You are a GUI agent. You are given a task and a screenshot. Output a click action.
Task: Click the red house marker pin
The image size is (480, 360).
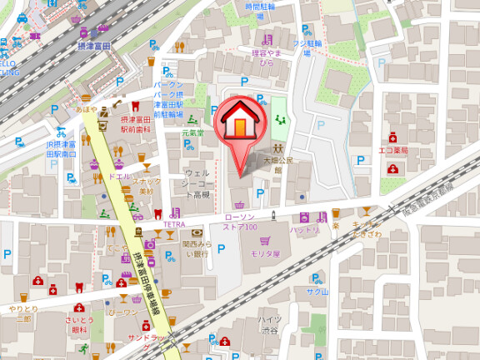coord(239,125)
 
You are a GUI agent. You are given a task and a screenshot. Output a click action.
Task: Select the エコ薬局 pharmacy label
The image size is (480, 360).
coord(392,151)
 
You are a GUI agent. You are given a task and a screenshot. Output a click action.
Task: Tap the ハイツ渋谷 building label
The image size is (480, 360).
coord(268,324)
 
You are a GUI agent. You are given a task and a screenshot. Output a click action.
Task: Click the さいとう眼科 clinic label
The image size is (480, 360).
coord(80,325)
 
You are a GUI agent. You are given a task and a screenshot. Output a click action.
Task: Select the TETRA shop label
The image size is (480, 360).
coord(173,224)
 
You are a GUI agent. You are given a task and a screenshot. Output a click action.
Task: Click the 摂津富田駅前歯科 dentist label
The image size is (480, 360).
coord(133,125)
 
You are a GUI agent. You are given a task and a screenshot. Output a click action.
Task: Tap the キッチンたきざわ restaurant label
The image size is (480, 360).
coord(367,231)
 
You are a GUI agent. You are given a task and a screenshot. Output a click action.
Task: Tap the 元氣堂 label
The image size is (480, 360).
coord(193,131)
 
